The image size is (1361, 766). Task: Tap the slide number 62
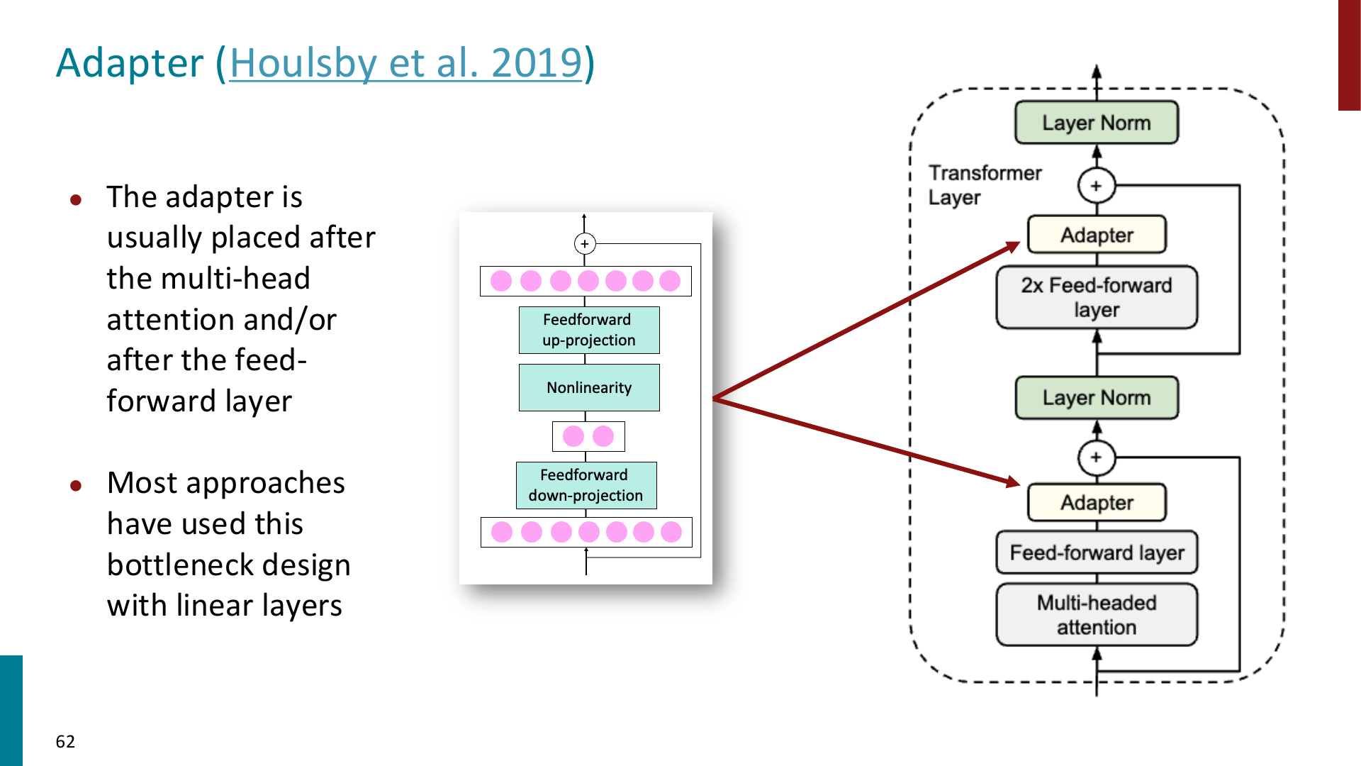pyautogui.click(x=65, y=741)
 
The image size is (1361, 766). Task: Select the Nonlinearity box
pyautogui.click(x=589, y=387)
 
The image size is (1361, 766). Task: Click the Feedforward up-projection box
pyautogui.click(x=589, y=330)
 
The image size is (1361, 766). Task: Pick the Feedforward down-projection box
pyautogui.click(x=586, y=485)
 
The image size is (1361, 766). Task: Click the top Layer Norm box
pyautogui.click(x=1097, y=123)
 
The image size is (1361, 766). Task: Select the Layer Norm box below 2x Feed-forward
pyautogui.click(x=1097, y=398)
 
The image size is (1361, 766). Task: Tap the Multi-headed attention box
pyautogui.click(x=1097, y=615)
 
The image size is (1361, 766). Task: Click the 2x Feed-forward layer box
pyautogui.click(x=1097, y=297)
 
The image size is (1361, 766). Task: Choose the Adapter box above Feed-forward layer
pyautogui.click(x=1097, y=502)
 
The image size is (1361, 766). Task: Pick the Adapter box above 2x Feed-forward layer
pyautogui.click(x=1097, y=235)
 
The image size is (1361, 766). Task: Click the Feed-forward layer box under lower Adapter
pyautogui.click(x=1097, y=553)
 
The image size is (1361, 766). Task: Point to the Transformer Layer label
pyautogui.click(x=985, y=185)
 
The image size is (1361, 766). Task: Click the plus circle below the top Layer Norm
pyautogui.click(x=1097, y=186)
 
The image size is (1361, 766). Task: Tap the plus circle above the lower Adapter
pyautogui.click(x=1097, y=457)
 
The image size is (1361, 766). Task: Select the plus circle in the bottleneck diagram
pyautogui.click(x=585, y=244)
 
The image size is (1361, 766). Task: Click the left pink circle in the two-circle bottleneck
pyautogui.click(x=573, y=436)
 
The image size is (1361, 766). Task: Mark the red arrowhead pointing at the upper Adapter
pyautogui.click(x=1012, y=247)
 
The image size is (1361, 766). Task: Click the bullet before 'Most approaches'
pyautogui.click(x=76, y=486)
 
